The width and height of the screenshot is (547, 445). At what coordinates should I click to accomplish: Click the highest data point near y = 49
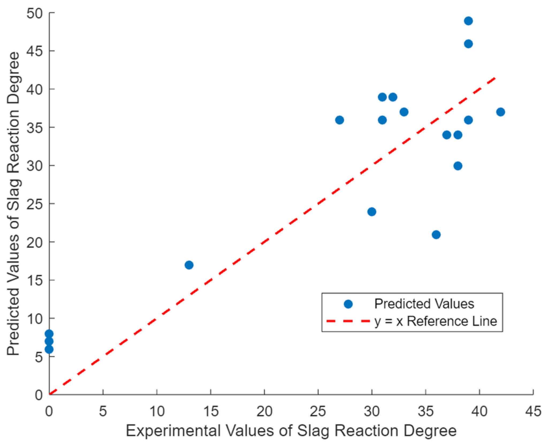click(x=468, y=21)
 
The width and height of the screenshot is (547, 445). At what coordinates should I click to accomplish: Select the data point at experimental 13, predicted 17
click(x=189, y=265)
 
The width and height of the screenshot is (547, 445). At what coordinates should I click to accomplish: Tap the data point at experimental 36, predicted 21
click(x=436, y=235)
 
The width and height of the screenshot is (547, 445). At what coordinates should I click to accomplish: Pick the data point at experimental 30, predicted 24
click(x=372, y=212)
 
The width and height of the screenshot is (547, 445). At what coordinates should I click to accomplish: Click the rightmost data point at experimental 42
click(x=501, y=112)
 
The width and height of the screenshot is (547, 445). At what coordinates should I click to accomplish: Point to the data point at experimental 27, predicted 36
click(x=339, y=120)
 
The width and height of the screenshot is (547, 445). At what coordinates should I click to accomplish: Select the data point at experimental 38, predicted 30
click(x=458, y=166)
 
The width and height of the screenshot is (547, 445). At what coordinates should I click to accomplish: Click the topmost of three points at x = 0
click(x=49, y=334)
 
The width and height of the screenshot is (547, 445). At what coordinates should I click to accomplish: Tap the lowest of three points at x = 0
click(x=49, y=349)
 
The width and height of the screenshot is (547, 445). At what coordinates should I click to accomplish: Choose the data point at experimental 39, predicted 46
click(x=468, y=44)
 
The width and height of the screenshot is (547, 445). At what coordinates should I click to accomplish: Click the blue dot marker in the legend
click(x=348, y=304)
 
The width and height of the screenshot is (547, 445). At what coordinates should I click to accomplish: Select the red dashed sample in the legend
click(x=348, y=321)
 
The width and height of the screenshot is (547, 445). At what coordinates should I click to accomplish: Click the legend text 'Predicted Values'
click(x=424, y=304)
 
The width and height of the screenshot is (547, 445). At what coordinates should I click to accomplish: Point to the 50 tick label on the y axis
click(x=35, y=13)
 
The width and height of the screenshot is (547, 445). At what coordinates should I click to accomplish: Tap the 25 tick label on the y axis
click(x=35, y=204)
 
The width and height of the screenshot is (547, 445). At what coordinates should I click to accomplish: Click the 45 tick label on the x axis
click(x=533, y=412)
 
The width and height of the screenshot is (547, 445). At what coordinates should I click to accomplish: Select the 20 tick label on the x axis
click(x=264, y=412)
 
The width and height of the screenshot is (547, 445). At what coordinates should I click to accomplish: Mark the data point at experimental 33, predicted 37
click(x=404, y=112)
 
